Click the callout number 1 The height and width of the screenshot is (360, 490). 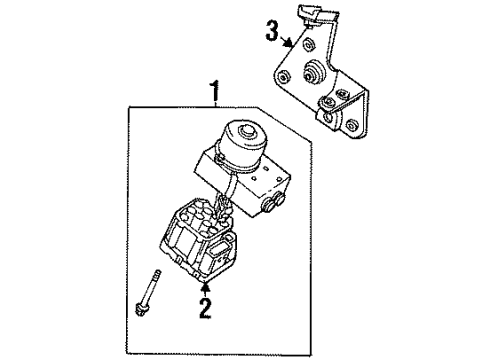pos(215,90)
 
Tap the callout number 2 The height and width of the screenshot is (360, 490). pos(205,308)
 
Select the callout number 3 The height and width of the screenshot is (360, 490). pos(272,31)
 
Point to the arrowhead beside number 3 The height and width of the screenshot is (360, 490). pos(288,43)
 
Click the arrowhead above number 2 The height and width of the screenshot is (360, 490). pos(206,286)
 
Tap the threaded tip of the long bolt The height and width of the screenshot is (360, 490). pos(157,273)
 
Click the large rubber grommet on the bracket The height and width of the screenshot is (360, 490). pos(313,72)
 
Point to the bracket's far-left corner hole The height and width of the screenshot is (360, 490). pos(284,78)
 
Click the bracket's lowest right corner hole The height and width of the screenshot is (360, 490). pos(350,126)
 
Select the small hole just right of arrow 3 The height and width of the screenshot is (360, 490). pos(309,45)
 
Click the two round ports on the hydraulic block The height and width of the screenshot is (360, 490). pos(273,203)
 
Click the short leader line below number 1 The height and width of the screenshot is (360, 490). pos(216,104)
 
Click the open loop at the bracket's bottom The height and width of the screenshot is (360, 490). pos(328,118)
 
